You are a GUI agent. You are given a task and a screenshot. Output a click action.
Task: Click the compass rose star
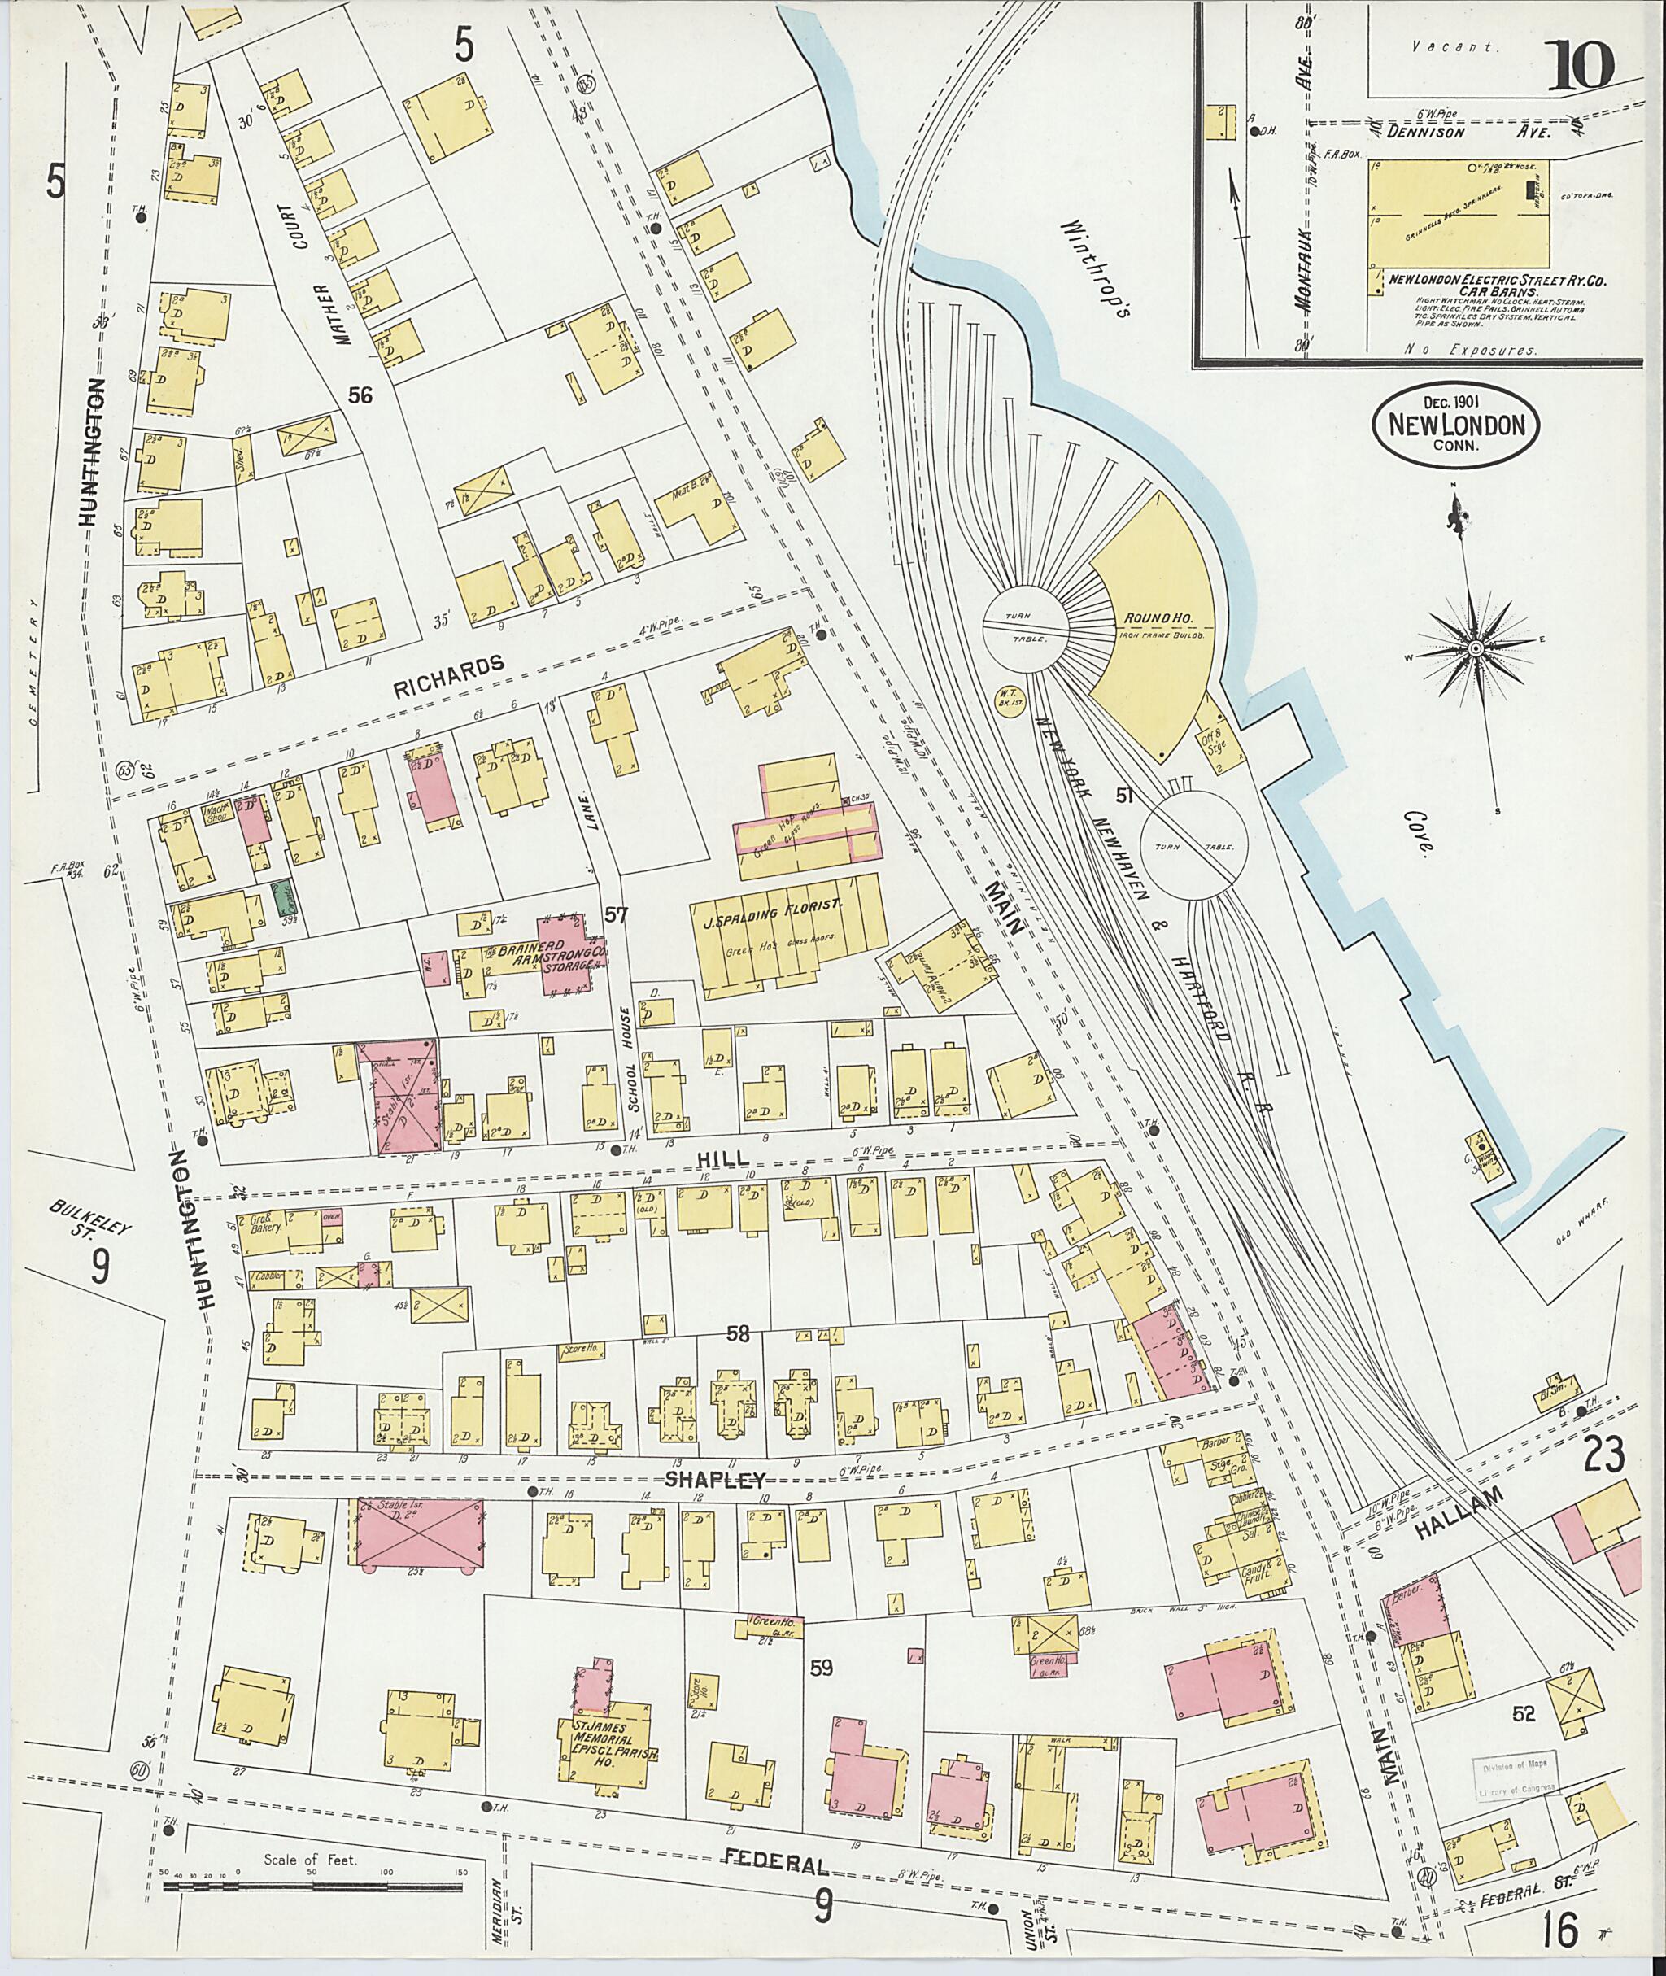[1473, 650]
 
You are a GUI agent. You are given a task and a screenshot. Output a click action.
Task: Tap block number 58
[738, 1333]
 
